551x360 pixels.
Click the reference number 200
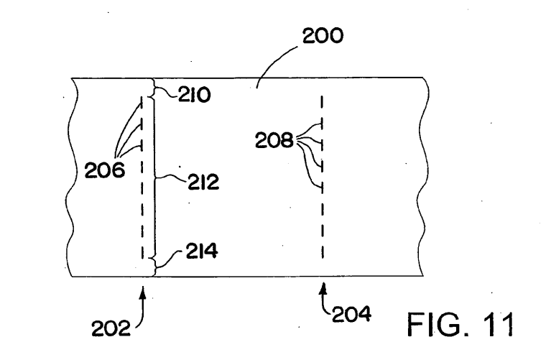[x=323, y=35]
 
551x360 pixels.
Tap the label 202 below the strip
[x=111, y=328]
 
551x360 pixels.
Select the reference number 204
[x=351, y=314]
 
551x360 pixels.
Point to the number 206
[x=105, y=170]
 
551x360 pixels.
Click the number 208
[x=274, y=140]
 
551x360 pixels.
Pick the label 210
[x=195, y=95]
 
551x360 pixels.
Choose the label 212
[x=203, y=182]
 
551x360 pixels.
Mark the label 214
[x=202, y=251]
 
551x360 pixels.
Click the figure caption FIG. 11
[x=460, y=324]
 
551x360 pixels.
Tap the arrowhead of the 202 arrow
[x=143, y=292]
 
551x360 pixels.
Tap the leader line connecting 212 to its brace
[x=171, y=178]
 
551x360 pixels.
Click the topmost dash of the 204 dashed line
[x=323, y=102]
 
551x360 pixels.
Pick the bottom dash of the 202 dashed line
[x=142, y=251]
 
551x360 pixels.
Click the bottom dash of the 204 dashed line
[x=323, y=251]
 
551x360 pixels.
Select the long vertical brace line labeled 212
[x=154, y=179]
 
